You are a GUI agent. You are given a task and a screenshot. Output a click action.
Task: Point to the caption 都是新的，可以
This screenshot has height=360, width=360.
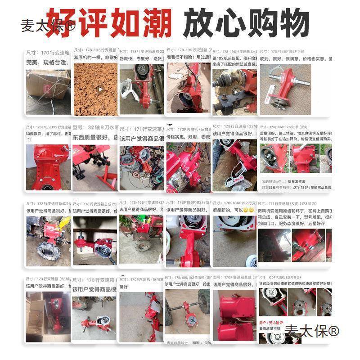coord(227,210)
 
